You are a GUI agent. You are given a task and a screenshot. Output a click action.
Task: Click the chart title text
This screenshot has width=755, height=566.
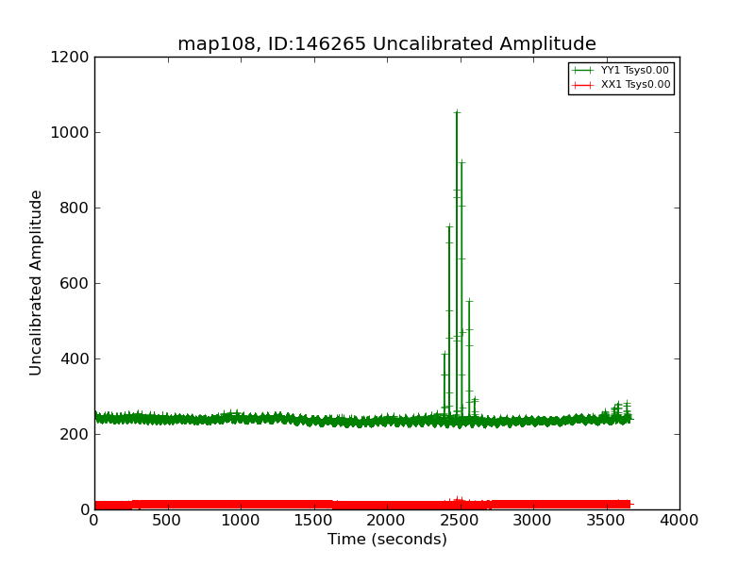(x=387, y=44)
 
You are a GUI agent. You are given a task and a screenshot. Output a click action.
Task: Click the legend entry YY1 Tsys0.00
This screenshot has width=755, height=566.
(x=635, y=71)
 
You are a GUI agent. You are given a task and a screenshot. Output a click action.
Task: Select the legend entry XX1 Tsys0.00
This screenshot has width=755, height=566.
(x=635, y=85)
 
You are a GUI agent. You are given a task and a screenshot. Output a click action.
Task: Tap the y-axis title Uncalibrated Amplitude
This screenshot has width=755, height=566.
(x=36, y=283)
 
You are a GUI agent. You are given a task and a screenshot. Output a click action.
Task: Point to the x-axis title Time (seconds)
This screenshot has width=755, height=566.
(x=387, y=540)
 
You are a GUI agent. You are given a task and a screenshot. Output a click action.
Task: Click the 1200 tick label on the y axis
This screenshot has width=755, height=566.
(x=71, y=57)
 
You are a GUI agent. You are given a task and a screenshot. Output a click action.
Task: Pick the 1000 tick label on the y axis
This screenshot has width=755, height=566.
(x=71, y=132)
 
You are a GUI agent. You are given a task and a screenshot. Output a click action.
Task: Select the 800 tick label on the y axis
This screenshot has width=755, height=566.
(x=75, y=208)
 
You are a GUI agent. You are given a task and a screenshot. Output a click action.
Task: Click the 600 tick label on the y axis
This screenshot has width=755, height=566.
(x=75, y=283)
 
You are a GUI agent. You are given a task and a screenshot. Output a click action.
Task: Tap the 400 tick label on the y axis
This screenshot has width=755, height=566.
(x=75, y=358)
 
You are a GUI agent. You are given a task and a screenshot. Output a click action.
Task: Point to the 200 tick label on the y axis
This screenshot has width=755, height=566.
(x=75, y=434)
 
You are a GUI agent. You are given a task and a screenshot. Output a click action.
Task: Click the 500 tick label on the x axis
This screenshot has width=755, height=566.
(x=167, y=520)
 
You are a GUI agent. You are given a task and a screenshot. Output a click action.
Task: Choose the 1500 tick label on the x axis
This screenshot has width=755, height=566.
(x=313, y=520)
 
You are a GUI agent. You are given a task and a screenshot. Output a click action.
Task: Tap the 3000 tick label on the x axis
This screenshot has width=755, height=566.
(x=533, y=520)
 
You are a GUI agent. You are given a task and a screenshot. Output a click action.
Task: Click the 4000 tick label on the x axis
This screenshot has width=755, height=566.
(x=679, y=520)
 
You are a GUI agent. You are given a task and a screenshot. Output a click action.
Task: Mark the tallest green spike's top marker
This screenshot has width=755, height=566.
(x=457, y=112)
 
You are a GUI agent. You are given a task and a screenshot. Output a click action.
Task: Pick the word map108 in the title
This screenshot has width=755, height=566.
(x=210, y=44)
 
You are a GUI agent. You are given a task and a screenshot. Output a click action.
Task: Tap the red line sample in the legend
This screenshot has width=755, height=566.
(x=583, y=85)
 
